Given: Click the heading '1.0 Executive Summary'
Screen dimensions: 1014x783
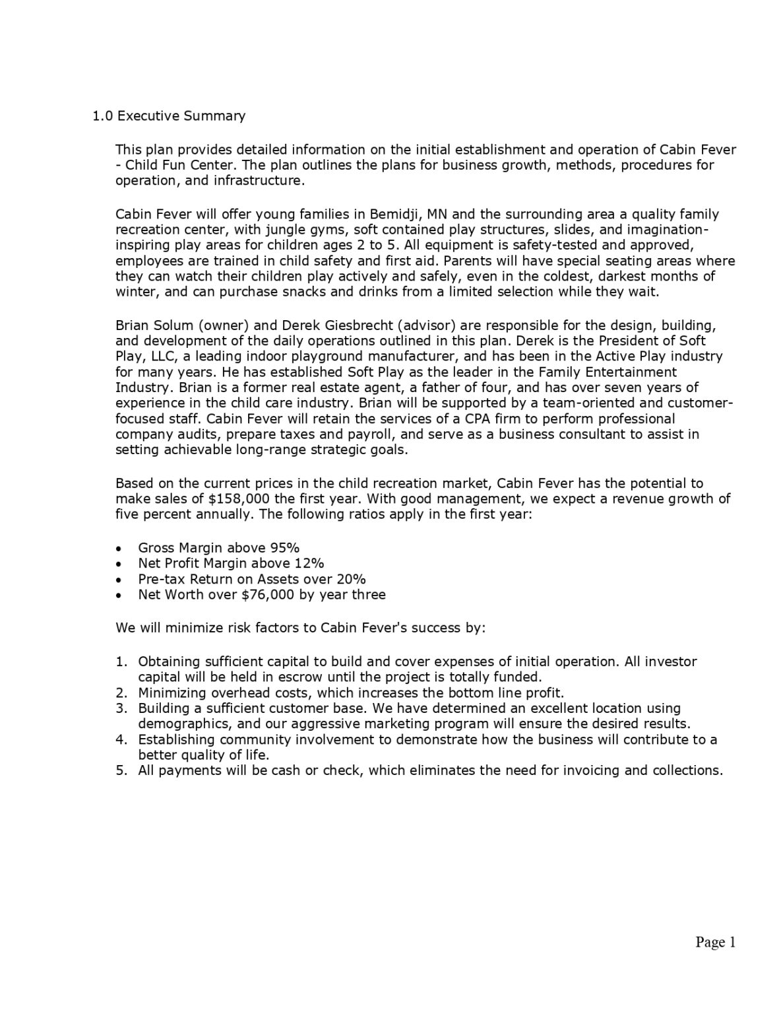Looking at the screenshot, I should point(168,116).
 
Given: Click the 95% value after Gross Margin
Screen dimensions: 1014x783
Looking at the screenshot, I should point(284,548).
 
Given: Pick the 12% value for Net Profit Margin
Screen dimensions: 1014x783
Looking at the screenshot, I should point(309,564).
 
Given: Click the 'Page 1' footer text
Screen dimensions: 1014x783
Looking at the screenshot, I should point(715,943).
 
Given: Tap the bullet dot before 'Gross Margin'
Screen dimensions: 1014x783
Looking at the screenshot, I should point(118,549).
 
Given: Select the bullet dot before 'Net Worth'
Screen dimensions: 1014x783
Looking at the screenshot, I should point(118,595).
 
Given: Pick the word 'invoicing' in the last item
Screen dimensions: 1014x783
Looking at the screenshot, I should point(590,770).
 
